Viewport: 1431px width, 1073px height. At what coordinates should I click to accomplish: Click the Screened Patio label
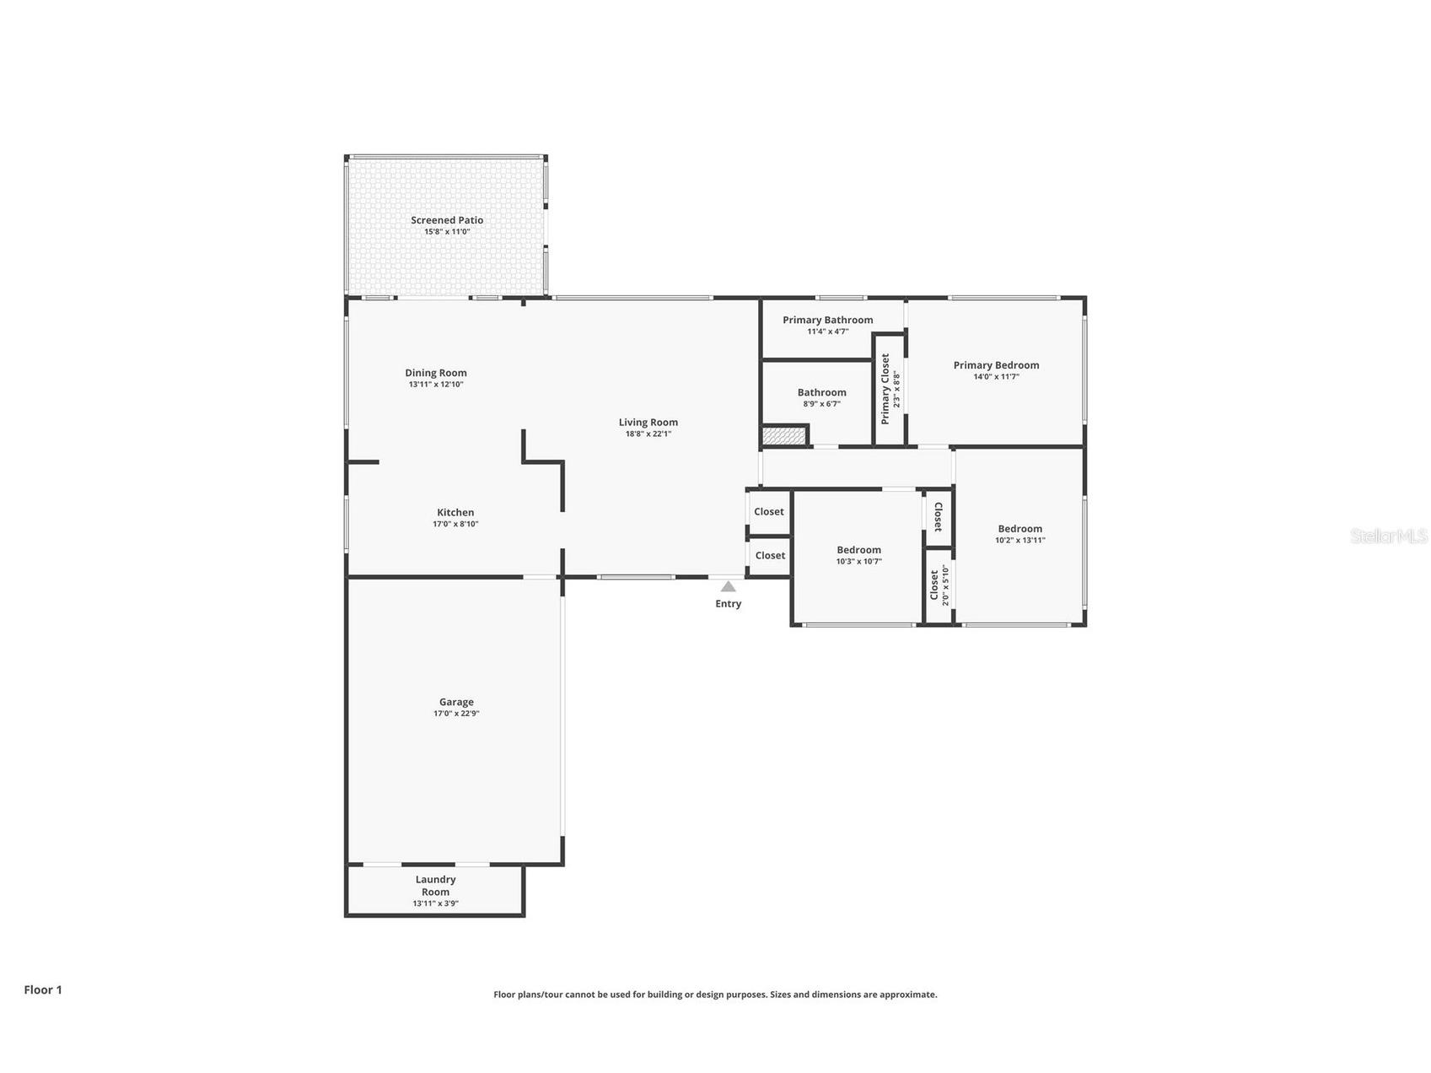[447, 220]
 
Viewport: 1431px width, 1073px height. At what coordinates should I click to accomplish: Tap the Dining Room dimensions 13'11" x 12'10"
[436, 385]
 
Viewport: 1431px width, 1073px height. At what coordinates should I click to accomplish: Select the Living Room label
[648, 423]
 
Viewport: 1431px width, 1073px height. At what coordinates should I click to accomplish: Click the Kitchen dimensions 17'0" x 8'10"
[455, 524]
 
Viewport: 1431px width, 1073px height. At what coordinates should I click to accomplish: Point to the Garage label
[456, 702]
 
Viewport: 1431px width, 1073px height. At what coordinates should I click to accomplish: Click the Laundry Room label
[435, 885]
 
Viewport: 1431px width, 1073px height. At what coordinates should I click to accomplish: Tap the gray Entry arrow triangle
[728, 586]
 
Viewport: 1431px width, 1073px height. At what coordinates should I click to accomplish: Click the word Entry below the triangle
[728, 604]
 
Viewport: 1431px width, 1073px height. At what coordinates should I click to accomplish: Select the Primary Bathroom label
[827, 320]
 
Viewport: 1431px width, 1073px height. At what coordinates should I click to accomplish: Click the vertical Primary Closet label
[885, 388]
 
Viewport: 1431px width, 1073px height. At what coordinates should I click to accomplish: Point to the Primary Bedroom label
[996, 365]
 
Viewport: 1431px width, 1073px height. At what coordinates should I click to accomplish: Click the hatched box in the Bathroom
[783, 436]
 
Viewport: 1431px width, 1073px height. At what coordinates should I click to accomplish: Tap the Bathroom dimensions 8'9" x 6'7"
[821, 404]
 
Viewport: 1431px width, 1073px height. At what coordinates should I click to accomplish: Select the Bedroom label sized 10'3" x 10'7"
[858, 550]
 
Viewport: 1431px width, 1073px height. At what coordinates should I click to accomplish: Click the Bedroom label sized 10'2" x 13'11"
[1019, 529]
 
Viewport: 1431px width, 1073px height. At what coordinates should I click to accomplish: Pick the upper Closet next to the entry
[768, 512]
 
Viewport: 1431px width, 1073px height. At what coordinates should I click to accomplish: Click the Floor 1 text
[43, 989]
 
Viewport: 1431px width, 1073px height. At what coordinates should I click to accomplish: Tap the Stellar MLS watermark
[1388, 536]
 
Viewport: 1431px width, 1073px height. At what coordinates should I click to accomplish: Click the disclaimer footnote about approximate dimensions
[715, 995]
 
